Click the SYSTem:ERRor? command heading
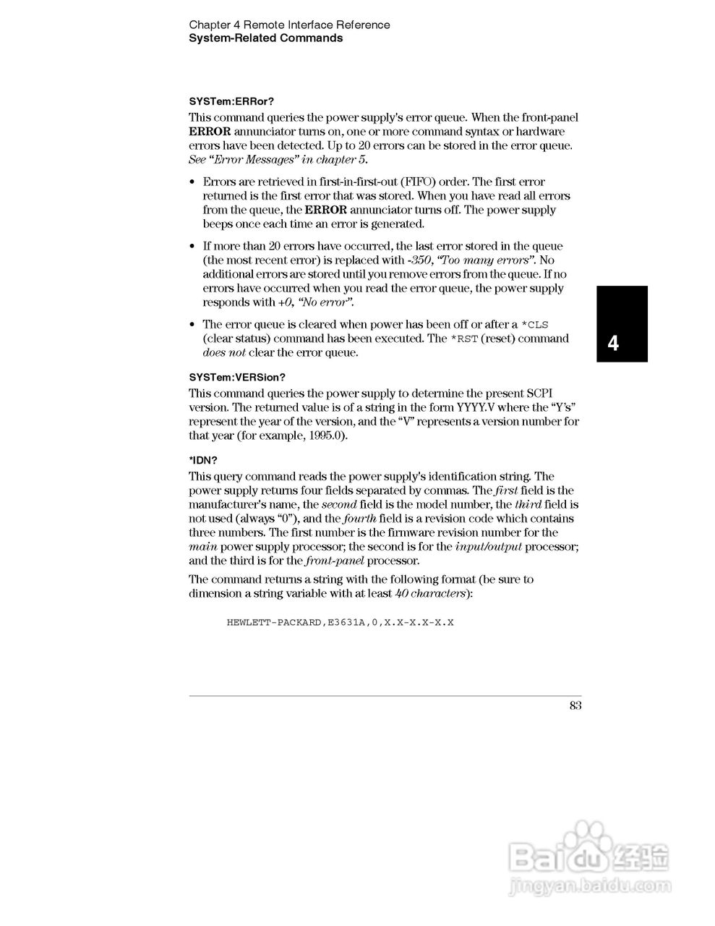[x=231, y=101]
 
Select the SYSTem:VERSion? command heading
[x=237, y=378]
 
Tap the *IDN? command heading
[x=203, y=460]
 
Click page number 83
[x=575, y=706]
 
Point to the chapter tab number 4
[x=613, y=343]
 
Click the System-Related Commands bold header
[x=265, y=38]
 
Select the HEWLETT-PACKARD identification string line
[x=340, y=622]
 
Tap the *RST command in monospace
[x=464, y=339]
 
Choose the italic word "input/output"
[x=489, y=547]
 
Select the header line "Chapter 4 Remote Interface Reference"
[x=289, y=25]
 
